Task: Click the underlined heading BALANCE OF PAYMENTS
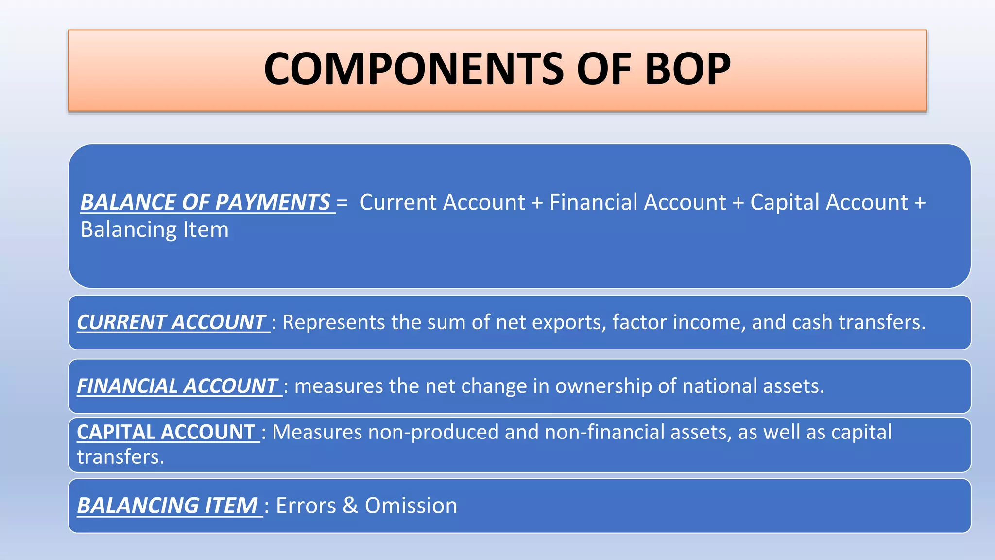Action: point(205,202)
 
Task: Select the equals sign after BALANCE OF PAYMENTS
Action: point(342,203)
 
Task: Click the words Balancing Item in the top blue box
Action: point(154,229)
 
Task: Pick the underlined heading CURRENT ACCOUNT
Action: point(171,322)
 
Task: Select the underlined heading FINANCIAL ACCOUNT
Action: point(177,386)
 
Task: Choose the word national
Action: point(720,386)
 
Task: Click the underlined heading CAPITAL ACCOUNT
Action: point(166,432)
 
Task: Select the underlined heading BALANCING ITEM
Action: point(168,506)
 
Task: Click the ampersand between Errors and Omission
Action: point(350,506)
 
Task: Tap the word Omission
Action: point(411,506)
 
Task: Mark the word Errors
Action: point(306,506)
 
